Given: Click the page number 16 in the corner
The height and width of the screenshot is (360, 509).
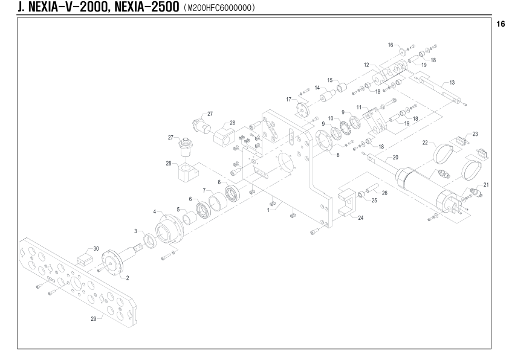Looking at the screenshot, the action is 501,24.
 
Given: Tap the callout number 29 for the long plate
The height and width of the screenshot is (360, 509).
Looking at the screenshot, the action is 94,319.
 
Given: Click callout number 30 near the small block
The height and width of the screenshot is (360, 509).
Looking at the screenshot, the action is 96,249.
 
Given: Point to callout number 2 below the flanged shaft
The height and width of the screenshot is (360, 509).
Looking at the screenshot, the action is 128,278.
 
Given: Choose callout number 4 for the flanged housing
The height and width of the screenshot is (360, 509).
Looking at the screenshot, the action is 155,212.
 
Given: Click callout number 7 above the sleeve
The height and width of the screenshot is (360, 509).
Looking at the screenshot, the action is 204,190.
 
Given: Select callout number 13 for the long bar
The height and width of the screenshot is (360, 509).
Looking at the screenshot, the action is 452,83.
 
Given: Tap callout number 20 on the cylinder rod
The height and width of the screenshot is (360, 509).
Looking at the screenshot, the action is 395,158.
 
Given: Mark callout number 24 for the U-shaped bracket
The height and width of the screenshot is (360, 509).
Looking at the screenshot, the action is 361,218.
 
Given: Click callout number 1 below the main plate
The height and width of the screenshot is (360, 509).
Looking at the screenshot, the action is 268,210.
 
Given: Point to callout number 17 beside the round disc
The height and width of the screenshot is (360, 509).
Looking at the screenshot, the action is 288,99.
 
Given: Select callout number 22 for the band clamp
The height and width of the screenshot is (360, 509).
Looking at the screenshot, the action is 425,143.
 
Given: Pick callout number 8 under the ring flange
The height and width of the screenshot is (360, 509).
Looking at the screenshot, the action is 338,155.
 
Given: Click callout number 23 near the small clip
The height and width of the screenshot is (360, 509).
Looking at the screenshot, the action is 475,134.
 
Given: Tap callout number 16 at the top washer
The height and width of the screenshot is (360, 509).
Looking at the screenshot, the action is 391,45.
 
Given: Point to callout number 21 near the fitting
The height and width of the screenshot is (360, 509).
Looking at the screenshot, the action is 486,185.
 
